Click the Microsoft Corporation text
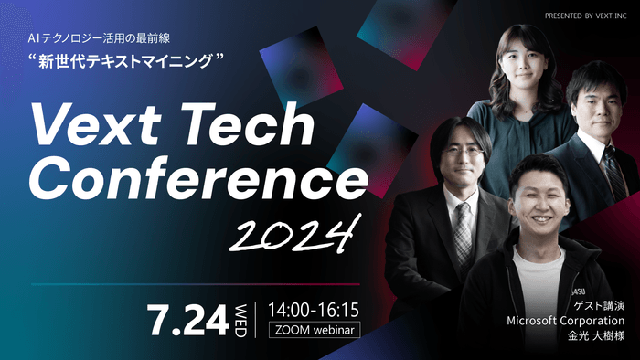[x=566, y=322]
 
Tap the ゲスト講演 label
[x=599, y=306]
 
